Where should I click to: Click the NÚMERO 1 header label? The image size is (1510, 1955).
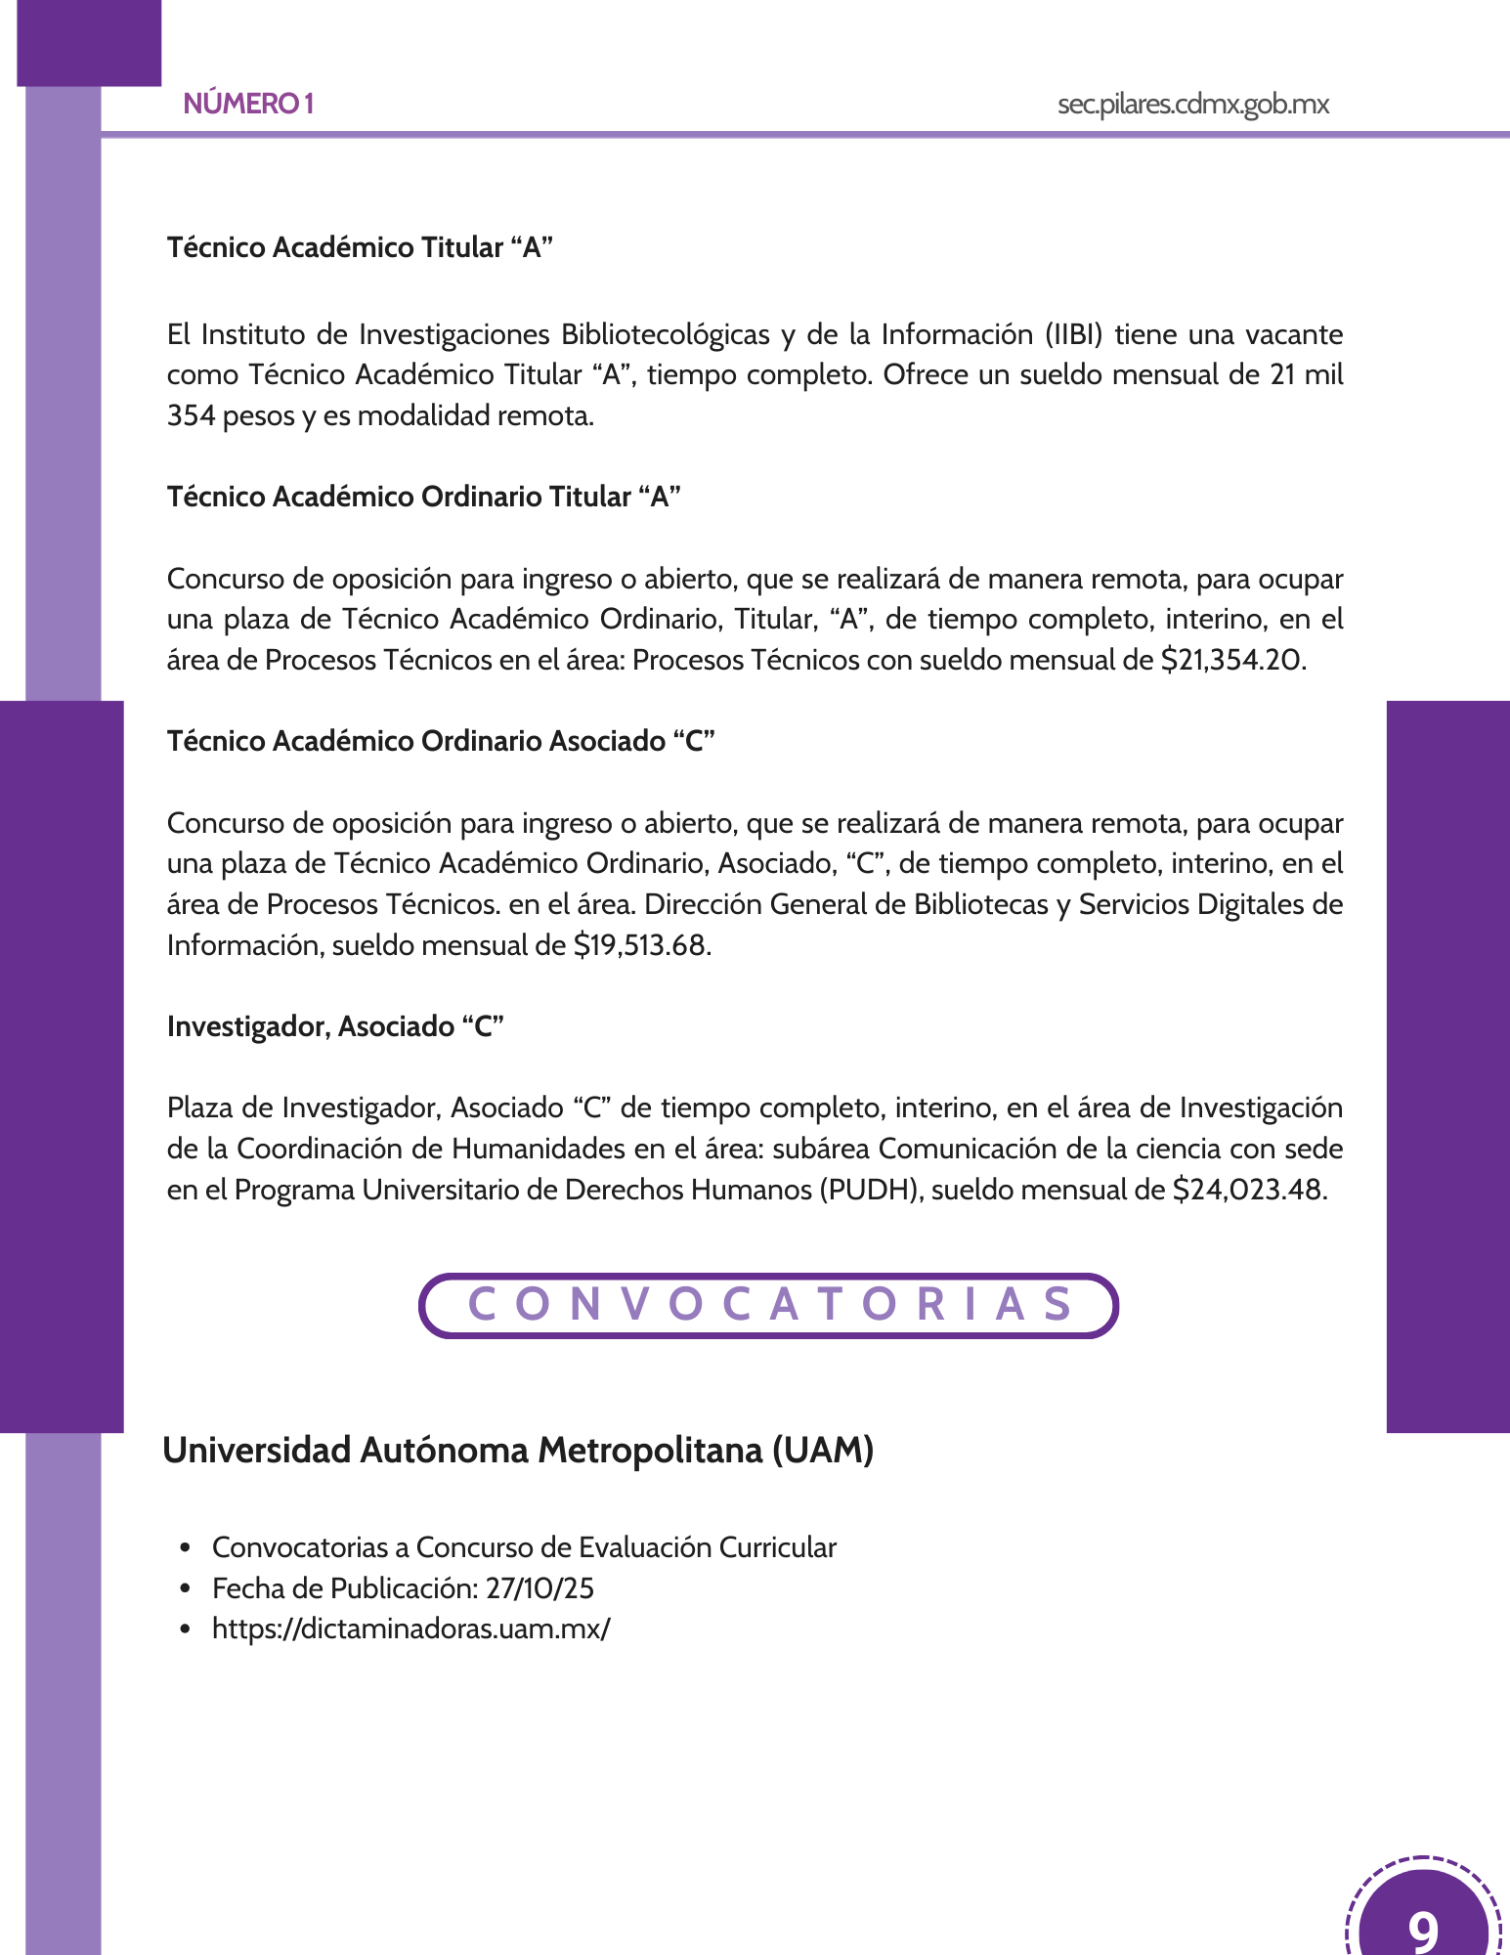pos(248,104)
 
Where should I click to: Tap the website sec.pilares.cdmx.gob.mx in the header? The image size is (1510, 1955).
pos(1192,105)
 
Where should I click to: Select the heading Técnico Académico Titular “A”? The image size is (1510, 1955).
pos(360,247)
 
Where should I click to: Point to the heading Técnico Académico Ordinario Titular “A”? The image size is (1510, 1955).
pos(423,497)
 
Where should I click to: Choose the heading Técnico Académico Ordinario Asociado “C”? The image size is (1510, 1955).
pos(441,741)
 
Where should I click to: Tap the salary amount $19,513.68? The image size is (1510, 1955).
pos(641,946)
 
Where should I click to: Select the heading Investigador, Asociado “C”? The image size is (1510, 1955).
pos(335,1026)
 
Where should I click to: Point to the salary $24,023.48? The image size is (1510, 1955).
pos(1248,1191)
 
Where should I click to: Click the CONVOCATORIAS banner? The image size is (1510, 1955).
pos(768,1305)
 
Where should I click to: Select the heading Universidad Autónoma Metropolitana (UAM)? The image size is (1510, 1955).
pos(518,1450)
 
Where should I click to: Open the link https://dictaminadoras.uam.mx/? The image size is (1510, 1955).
pos(410,1629)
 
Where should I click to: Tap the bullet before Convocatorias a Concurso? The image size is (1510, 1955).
pos(185,1548)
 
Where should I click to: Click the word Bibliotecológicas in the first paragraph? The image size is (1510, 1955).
pos(665,334)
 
